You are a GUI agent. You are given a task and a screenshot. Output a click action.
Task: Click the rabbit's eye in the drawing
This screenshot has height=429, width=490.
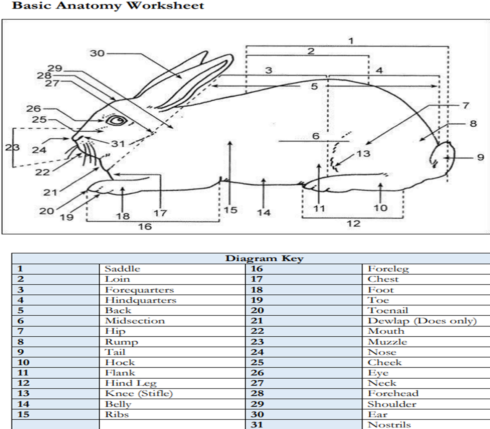pyautogui.click(x=116, y=121)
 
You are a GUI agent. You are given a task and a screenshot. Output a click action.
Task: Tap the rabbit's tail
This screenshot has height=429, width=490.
pyautogui.click(x=443, y=157)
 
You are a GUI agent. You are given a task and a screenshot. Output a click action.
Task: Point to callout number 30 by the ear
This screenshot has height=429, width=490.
pyautogui.click(x=97, y=53)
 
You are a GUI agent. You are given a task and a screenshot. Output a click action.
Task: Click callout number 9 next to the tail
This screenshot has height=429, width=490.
pyautogui.click(x=480, y=157)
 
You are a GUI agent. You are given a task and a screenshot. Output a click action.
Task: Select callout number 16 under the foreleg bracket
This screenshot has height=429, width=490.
pyautogui.click(x=145, y=227)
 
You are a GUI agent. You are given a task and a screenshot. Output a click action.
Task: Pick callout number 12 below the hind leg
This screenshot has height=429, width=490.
pyautogui.click(x=353, y=223)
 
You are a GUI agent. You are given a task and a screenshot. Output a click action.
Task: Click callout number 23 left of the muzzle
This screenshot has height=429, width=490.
pyautogui.click(x=12, y=147)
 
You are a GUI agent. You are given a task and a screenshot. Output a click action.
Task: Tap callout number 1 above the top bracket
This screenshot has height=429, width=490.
pyautogui.click(x=351, y=40)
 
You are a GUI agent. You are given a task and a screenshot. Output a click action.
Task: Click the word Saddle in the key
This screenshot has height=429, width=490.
pyautogui.click(x=122, y=269)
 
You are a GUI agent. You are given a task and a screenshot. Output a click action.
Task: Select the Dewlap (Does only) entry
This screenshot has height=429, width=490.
pyautogui.click(x=422, y=321)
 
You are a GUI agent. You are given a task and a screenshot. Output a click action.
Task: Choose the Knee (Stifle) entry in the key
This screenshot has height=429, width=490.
pyautogui.click(x=139, y=394)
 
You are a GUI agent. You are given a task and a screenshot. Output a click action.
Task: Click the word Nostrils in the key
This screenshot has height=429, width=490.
pyautogui.click(x=389, y=424)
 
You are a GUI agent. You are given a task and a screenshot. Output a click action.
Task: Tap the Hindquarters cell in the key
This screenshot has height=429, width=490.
pyautogui.click(x=141, y=300)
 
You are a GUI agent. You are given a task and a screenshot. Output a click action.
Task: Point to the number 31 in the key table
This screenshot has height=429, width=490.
pyautogui.click(x=257, y=424)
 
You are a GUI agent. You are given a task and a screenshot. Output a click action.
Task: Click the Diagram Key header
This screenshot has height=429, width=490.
pyautogui.click(x=264, y=258)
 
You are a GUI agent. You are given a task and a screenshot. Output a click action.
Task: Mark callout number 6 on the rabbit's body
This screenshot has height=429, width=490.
pyautogui.click(x=315, y=136)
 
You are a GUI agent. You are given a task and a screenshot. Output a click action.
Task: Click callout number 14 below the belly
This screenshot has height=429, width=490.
pyautogui.click(x=264, y=213)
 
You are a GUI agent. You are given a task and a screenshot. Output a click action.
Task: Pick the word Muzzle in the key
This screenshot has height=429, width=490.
pyautogui.click(x=387, y=342)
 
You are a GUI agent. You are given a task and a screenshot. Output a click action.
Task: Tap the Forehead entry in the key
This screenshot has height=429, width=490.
pyautogui.click(x=393, y=394)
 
